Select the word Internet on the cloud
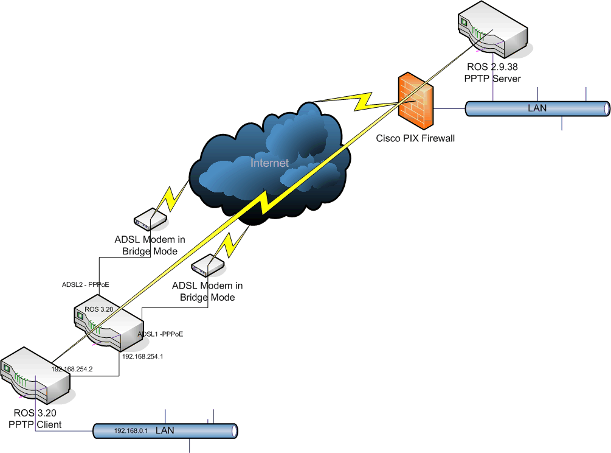pos(269,163)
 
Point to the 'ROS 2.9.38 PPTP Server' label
pos(493,73)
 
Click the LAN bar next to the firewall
pos(537,108)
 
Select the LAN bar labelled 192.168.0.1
pos(165,430)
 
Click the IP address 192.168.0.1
pos(131,431)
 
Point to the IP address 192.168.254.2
pos(72,369)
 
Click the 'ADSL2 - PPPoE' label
pos(85,284)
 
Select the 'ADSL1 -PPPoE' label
pos(161,334)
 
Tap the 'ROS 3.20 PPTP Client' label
pos(35,419)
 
